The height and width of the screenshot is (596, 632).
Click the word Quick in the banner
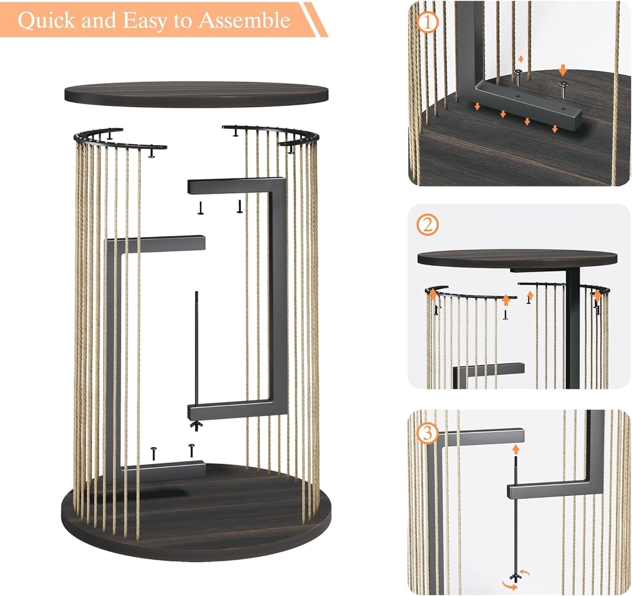pos(46,20)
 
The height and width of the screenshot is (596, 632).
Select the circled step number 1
pos(428,23)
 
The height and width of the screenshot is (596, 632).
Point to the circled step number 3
pos(428,433)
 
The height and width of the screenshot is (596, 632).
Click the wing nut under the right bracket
pos(196,426)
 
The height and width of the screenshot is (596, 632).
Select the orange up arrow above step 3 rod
pos(516,450)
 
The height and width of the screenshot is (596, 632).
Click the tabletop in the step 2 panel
pos(517,258)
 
